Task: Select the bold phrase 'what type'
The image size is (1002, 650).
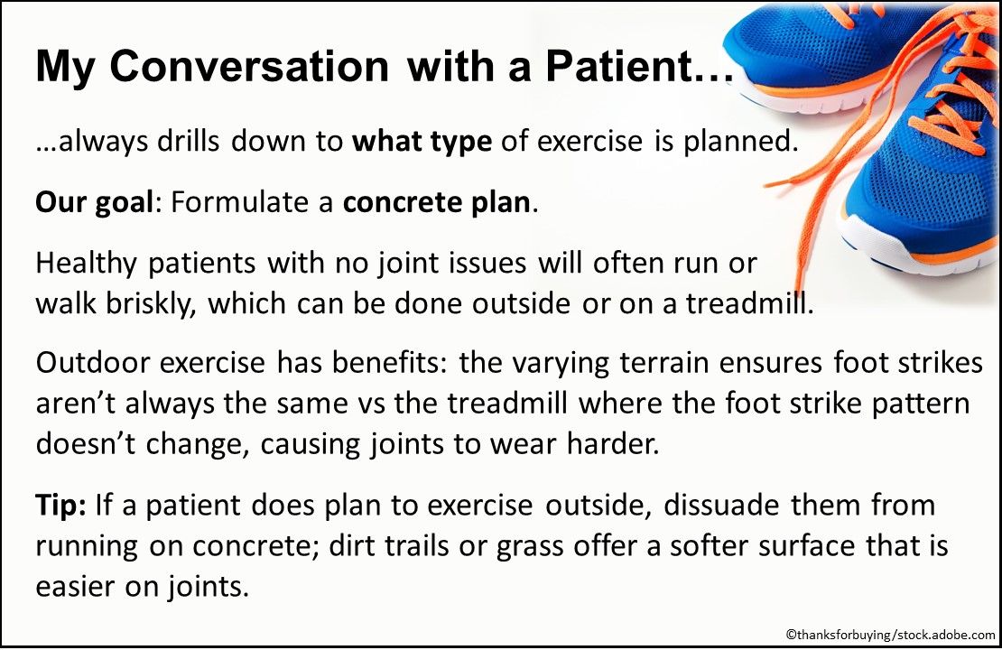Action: [422, 144]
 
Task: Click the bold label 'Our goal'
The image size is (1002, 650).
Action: [91, 201]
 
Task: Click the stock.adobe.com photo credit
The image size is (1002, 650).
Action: [890, 635]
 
